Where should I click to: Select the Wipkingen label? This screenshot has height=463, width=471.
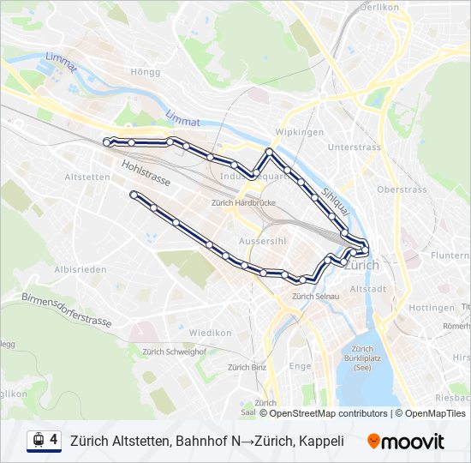point(299,132)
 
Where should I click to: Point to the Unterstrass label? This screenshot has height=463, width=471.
point(354,147)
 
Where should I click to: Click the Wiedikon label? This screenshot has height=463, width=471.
point(211,332)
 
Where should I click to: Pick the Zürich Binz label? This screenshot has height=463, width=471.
point(247,367)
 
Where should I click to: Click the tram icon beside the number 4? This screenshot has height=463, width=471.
point(37,441)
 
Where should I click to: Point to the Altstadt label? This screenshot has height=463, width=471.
point(369,289)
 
